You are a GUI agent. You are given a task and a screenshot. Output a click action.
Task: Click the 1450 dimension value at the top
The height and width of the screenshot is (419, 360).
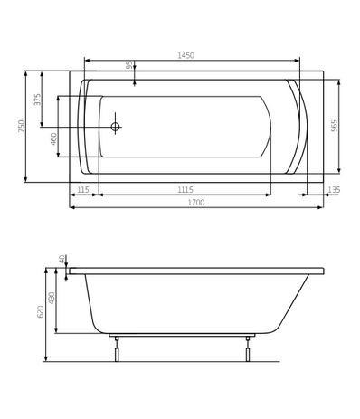[185, 56]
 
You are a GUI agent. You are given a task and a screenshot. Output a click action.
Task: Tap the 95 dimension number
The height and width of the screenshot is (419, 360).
[129, 66]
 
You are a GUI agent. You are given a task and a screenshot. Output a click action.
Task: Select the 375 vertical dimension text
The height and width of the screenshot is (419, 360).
[38, 99]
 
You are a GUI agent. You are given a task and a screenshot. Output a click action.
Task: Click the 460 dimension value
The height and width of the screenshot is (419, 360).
[54, 138]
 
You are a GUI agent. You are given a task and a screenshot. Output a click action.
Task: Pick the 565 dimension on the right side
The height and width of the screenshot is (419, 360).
[334, 126]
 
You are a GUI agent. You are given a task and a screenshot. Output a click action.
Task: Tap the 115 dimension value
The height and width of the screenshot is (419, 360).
[83, 190]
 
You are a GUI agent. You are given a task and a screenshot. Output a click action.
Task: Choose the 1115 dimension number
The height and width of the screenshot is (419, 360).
[185, 190]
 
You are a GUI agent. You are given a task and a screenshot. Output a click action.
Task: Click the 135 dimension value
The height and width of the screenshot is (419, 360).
[334, 190]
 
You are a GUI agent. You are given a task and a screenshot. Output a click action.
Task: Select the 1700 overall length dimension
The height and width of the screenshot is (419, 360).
[195, 203]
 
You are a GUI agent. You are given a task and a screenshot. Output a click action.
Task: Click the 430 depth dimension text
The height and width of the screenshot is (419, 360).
[52, 298]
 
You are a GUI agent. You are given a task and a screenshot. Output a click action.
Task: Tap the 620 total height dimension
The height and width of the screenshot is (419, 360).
[41, 311]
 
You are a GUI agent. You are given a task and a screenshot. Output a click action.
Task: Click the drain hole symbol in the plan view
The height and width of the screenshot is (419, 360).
[115, 127]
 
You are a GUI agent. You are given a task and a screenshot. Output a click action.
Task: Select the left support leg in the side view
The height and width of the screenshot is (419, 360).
[116, 350]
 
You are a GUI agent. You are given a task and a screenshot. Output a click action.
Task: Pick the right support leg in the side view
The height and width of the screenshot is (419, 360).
[247, 350]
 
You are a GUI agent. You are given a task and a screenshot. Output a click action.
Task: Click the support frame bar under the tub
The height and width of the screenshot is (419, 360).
[181, 335]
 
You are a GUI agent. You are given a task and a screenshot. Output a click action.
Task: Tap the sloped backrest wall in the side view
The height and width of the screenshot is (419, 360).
[293, 303]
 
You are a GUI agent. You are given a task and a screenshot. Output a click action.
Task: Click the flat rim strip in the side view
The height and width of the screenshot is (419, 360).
[195, 271]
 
